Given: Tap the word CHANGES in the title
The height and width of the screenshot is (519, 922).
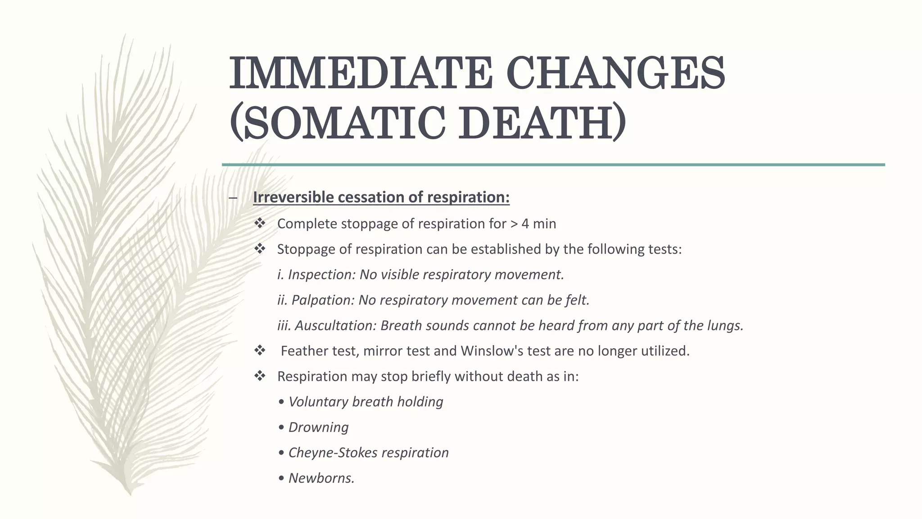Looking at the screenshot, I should (615, 73).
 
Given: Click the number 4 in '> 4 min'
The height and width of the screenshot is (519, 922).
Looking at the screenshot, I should (525, 224).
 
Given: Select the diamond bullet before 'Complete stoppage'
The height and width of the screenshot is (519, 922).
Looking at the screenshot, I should (260, 223).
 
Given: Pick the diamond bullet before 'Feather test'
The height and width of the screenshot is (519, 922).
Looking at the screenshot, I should (260, 350).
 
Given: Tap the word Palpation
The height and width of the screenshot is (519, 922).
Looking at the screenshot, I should (323, 300).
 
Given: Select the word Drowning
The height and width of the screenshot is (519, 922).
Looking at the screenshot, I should (318, 428).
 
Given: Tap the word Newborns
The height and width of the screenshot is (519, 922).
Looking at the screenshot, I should (321, 478).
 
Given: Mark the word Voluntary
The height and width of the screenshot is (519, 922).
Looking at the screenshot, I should (318, 402).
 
